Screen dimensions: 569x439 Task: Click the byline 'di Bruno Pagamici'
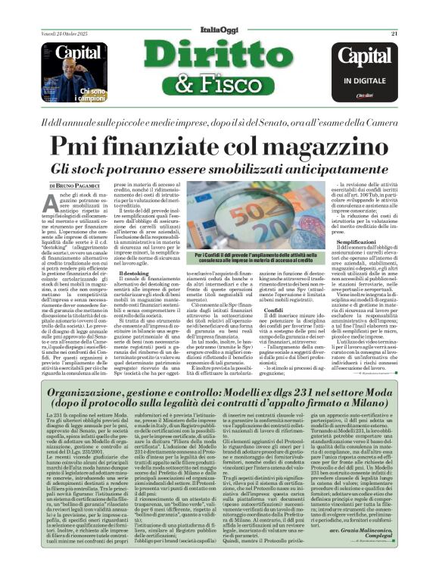(73, 185)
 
